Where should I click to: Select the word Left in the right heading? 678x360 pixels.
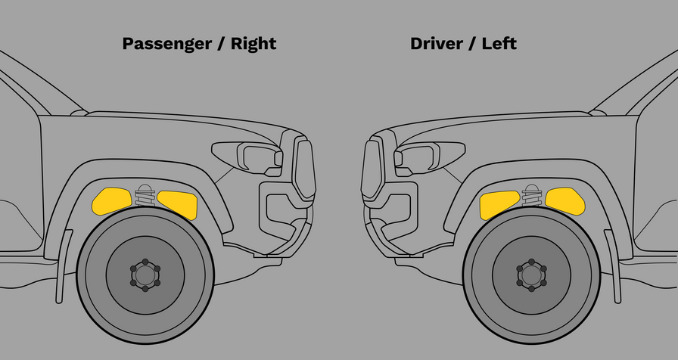click(499, 43)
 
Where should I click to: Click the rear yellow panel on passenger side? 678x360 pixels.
click(110, 199)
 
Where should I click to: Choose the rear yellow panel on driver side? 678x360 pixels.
click(566, 199)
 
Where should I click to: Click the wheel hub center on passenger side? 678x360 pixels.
click(145, 274)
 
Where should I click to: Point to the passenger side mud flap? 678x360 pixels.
click(64, 265)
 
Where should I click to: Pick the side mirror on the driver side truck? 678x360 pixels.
click(598, 113)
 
